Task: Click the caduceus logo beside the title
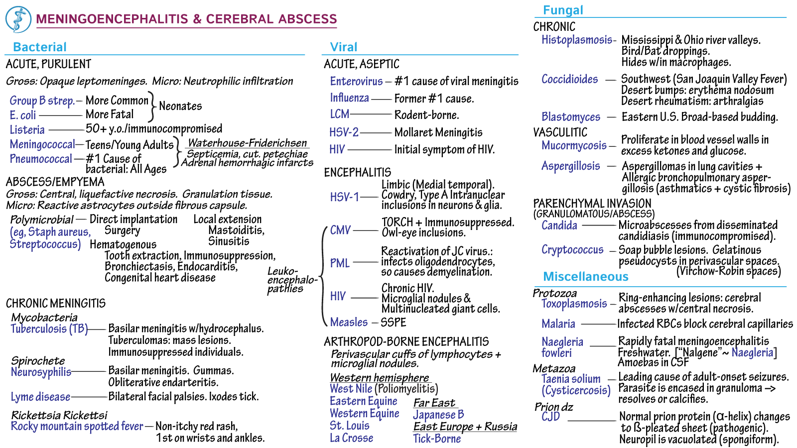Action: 18,19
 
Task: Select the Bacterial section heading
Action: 39,47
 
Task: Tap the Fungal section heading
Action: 563,10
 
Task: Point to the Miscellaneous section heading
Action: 585,277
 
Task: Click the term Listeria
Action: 27,130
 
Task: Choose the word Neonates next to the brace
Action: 180,107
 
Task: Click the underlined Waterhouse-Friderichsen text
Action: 247,143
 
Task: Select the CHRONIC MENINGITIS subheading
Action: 56,304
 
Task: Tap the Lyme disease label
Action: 40,397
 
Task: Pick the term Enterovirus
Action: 356,81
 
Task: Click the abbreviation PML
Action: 340,263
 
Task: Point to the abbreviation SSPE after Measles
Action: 394,323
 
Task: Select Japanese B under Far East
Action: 438,415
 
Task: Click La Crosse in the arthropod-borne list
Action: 351,438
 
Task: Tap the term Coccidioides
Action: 569,79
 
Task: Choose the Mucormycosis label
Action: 574,145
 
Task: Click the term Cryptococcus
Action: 572,250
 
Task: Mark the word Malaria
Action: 558,324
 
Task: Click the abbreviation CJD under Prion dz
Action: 550,417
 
